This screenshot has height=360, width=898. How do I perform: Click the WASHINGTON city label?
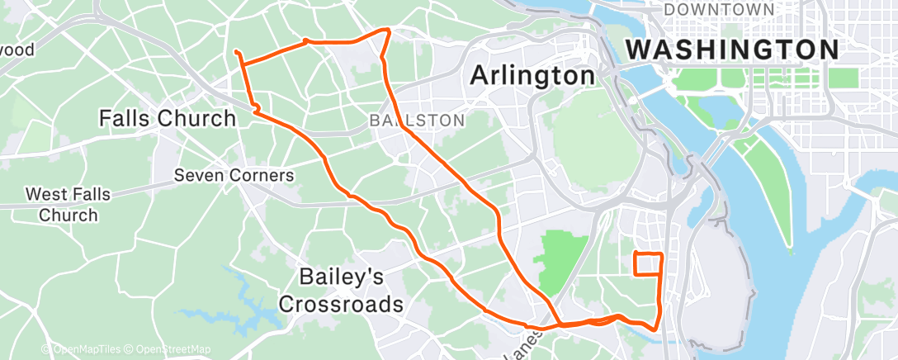coord(732,50)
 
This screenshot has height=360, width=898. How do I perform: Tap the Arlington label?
coord(532,76)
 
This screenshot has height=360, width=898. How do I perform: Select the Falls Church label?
coord(168,118)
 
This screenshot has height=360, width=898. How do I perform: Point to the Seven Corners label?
coord(234,176)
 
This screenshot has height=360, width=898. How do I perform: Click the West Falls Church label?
coord(62,205)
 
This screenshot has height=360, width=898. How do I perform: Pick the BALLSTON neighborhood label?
coord(416,121)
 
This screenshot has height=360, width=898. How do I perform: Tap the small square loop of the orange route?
coord(647,263)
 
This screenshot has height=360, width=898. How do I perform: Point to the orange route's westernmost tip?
coord(237,53)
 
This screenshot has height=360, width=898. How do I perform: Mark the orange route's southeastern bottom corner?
coord(655,329)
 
